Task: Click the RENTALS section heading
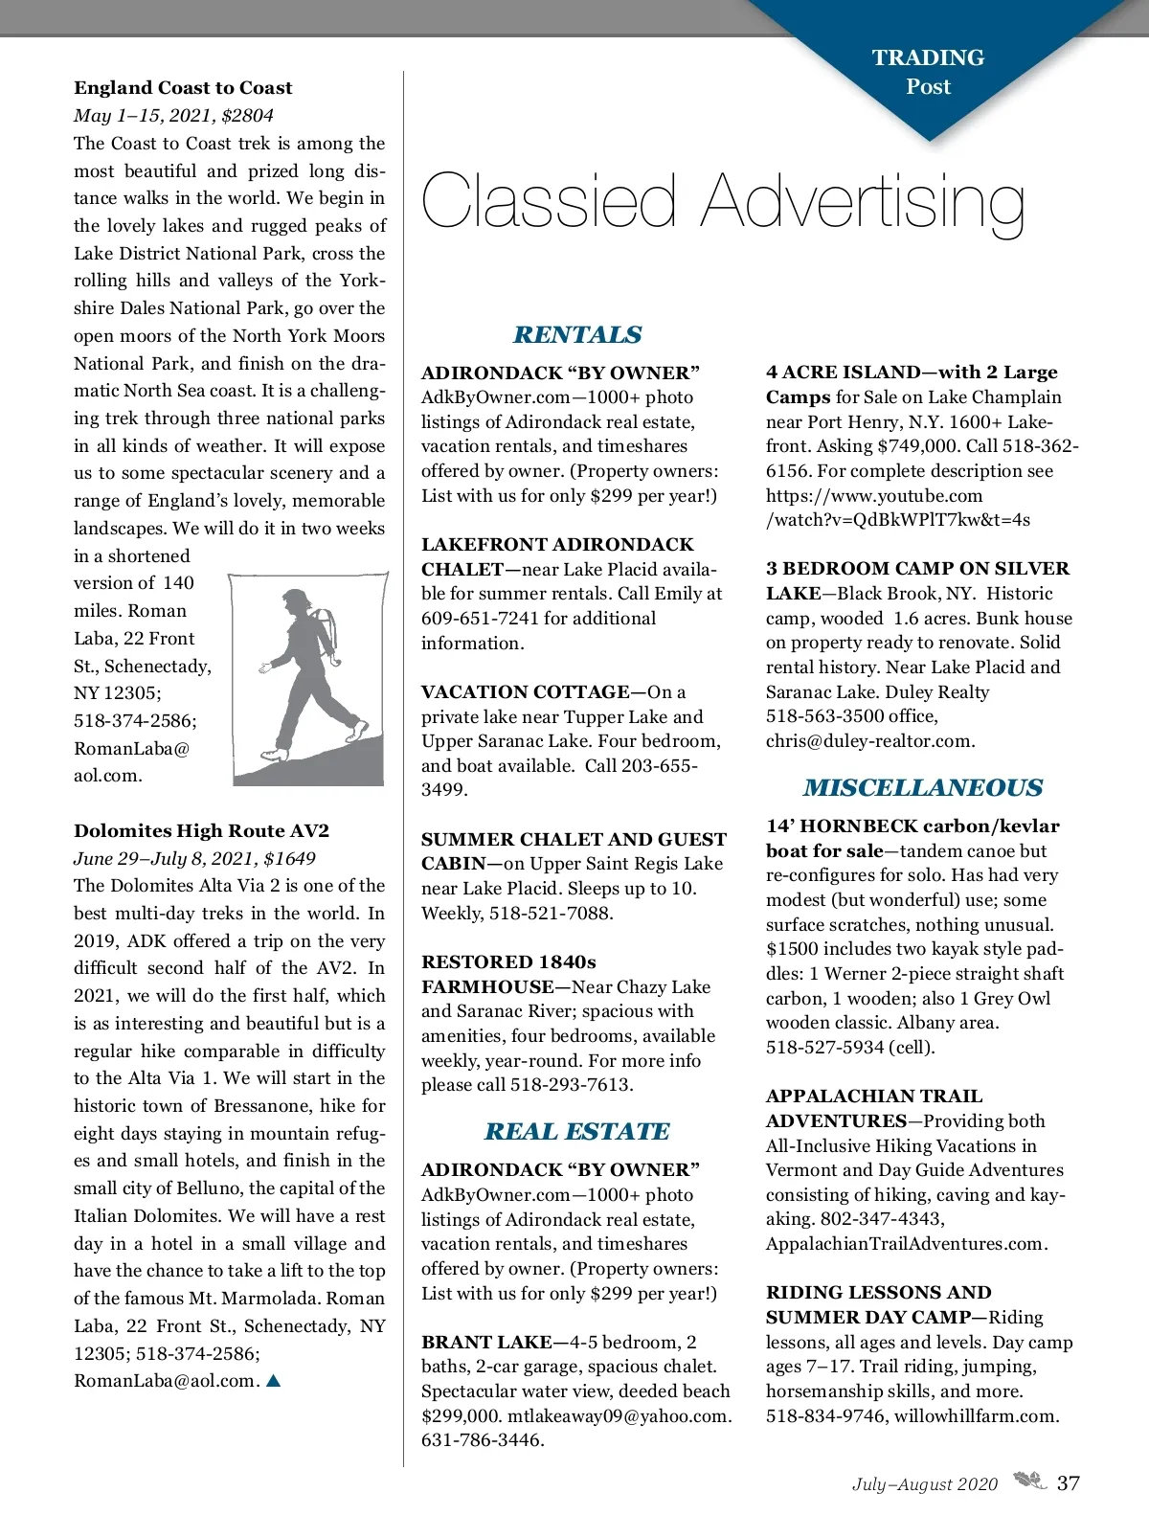pos(577,334)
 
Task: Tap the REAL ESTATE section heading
pos(577,1131)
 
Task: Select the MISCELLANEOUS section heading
pos(923,787)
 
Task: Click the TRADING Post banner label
pos(928,72)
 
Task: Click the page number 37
pos(1069,1483)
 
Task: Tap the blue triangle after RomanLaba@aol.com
pos(274,1381)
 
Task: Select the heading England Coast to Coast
pos(183,88)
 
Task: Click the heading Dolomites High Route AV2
pos(201,831)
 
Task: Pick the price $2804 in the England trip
pos(247,116)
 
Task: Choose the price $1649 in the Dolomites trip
pos(289,859)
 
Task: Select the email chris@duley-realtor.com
pos(870,741)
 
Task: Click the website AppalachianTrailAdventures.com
pos(907,1244)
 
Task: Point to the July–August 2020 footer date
pos(925,1484)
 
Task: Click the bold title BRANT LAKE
pos(486,1343)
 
